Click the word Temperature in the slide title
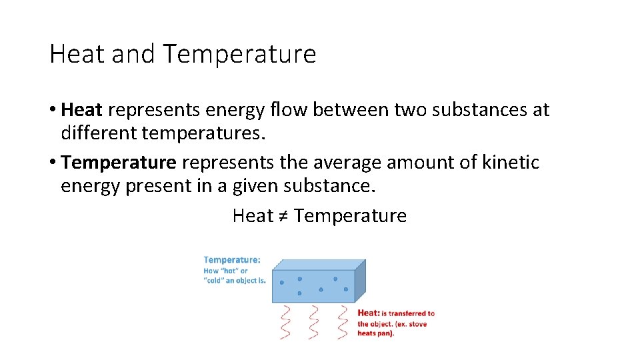pyautogui.click(x=239, y=54)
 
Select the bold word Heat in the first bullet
pyautogui.click(x=81, y=110)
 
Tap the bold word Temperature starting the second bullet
pyautogui.click(x=119, y=163)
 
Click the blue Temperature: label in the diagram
pyautogui.click(x=232, y=260)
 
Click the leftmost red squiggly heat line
pyautogui.click(x=286, y=321)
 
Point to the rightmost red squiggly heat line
pyautogui.click(x=343, y=321)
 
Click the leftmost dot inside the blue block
pyautogui.click(x=281, y=283)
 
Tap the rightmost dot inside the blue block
pyautogui.click(x=346, y=289)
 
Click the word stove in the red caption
pyautogui.click(x=417, y=323)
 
